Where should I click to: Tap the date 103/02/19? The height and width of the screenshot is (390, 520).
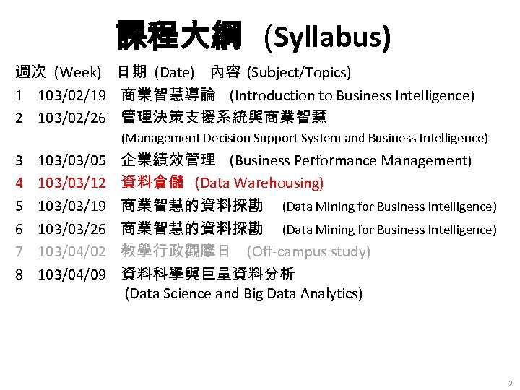pyautogui.click(x=72, y=95)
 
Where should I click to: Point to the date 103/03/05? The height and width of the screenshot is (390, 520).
pyautogui.click(x=72, y=160)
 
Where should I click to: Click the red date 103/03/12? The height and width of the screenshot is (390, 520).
pyautogui.click(x=72, y=183)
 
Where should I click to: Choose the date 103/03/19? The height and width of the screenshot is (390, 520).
pyautogui.click(x=72, y=207)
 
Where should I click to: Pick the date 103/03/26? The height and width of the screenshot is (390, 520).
pyautogui.click(x=72, y=229)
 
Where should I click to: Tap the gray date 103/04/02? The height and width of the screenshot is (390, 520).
pyautogui.click(x=72, y=252)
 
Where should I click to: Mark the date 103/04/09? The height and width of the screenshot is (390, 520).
pyautogui.click(x=72, y=274)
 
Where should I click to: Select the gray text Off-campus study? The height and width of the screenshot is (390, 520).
pyautogui.click(x=309, y=252)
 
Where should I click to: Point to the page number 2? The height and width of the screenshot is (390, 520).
pyautogui.click(x=510, y=383)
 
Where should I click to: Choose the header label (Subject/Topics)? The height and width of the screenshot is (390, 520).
pyautogui.click(x=299, y=73)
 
